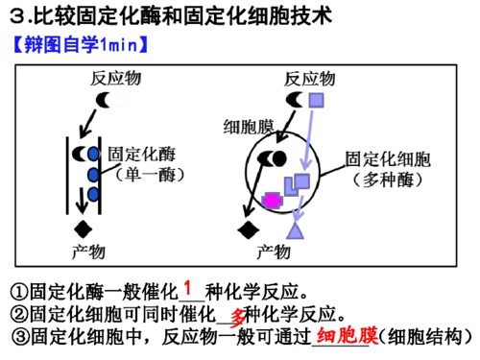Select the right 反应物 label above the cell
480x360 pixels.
click(309, 78)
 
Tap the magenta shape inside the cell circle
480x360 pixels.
click(272, 200)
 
